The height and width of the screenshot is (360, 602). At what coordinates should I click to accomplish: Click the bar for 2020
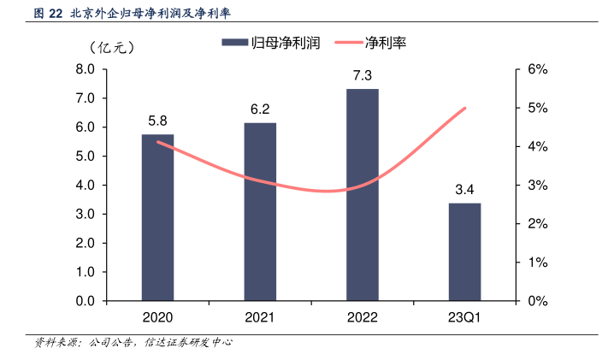pos(157,217)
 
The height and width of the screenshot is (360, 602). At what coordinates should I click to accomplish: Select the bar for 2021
pos(260,211)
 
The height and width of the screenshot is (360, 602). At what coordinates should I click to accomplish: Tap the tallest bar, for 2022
pos(363,195)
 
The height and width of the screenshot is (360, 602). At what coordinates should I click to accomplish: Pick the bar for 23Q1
pos(464,251)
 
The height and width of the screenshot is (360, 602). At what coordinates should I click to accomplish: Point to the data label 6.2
pos(260,109)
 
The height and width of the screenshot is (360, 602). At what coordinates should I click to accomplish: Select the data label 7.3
pos(363,76)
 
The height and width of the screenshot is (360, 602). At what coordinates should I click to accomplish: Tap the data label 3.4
pos(464,189)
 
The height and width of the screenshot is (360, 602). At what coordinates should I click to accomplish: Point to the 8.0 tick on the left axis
pos(86,69)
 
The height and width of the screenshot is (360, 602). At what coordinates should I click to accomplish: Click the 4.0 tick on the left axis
pos(86,186)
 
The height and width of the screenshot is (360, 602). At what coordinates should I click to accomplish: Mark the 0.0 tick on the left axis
pos(86,301)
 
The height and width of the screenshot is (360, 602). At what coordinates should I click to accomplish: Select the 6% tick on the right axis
pos(537,69)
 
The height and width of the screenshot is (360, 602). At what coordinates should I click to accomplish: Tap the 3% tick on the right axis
pos(537,186)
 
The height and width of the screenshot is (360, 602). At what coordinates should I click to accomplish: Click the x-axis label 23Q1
pos(464,318)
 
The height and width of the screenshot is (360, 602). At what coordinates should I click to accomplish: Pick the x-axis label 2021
pos(260,318)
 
